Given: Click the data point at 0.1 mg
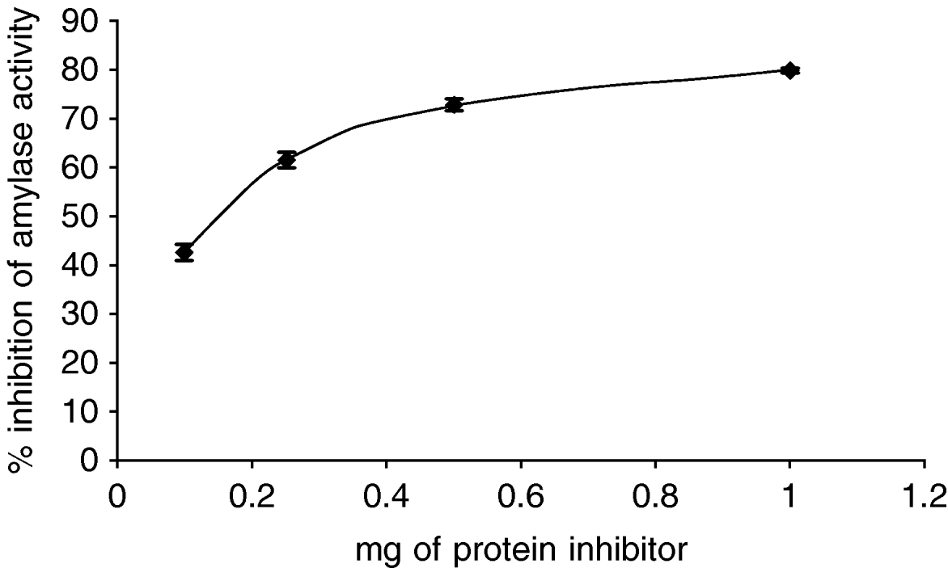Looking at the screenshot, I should coord(184,252).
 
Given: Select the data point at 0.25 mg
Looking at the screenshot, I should coord(286,160).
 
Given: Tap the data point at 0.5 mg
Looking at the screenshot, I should coord(454,104).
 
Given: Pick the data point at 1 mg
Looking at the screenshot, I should coord(790,70).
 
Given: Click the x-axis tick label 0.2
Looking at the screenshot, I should coord(252,494).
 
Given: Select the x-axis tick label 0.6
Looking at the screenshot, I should coord(521,494).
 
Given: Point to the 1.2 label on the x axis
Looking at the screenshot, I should coord(925,494).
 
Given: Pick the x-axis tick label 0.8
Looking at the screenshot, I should coord(655,494).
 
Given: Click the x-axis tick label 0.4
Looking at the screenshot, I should coord(386,494).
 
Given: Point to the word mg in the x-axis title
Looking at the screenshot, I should coord(375,553).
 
